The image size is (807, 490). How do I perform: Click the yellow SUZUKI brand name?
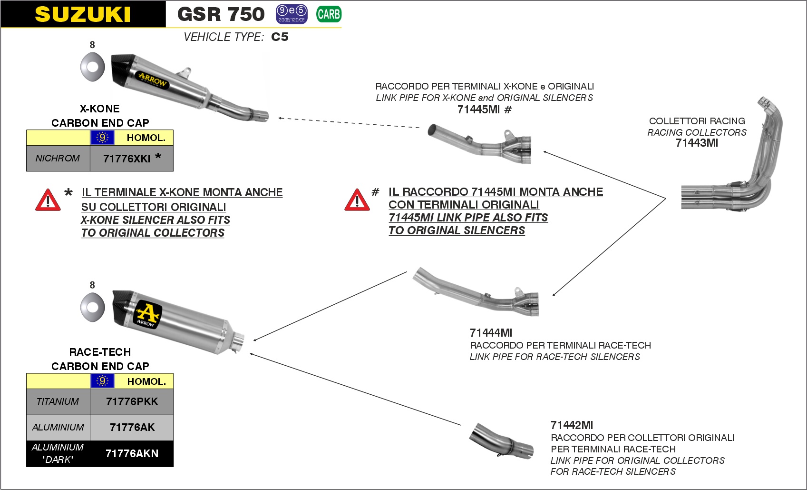point(82,14)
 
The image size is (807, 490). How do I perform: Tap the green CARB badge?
point(329,14)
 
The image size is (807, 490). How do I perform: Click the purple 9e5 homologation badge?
point(292,14)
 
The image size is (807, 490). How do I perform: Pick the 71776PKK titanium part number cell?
point(132,401)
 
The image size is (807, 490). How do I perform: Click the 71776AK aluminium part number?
point(132,427)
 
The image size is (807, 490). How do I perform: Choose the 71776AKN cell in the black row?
point(132,453)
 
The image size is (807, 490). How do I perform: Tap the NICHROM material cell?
point(58,158)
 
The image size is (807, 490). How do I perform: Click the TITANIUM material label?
point(58,401)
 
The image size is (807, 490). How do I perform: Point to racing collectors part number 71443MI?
point(697,143)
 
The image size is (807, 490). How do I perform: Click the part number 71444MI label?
point(491,332)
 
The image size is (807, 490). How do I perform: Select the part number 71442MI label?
point(572,425)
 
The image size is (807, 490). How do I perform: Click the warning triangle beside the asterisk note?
point(48,200)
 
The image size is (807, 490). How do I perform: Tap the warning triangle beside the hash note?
point(357,200)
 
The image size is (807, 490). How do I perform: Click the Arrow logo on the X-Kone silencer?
point(153,80)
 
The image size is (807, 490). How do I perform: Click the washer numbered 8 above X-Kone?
point(92,67)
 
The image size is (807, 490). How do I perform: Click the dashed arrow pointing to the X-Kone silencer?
point(349,123)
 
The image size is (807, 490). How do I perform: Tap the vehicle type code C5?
point(280,37)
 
